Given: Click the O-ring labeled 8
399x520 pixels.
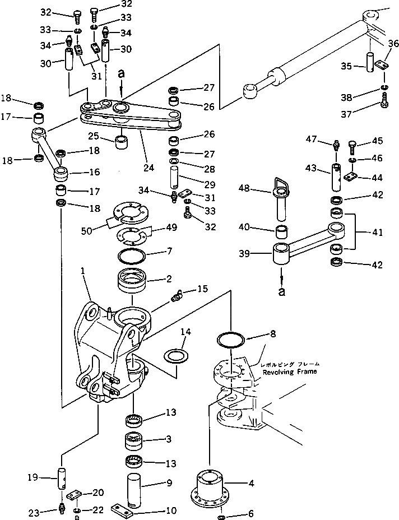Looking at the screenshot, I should [x=230, y=340].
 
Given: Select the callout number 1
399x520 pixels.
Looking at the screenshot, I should [x=82, y=271].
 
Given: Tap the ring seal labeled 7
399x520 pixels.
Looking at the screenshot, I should [x=133, y=258].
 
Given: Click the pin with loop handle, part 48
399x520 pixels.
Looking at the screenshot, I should [x=281, y=202].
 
